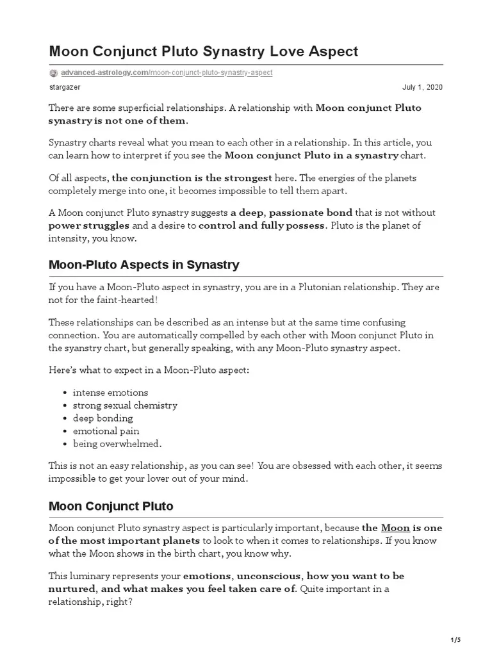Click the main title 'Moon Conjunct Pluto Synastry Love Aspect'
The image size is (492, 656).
coord(203,51)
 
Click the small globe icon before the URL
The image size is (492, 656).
coord(54,73)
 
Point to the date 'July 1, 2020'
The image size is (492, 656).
coord(422,87)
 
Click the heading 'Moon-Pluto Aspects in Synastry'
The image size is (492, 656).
coord(144,264)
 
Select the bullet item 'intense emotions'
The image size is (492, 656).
coord(110,392)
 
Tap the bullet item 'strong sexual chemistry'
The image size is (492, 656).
coord(125,405)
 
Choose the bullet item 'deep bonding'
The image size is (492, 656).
coord(103,418)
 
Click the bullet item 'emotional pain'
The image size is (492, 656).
coord(106,430)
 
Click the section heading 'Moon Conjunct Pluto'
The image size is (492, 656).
coord(111,506)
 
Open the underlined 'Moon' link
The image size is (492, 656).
coord(395,528)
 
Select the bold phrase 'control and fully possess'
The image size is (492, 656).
coord(262,225)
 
